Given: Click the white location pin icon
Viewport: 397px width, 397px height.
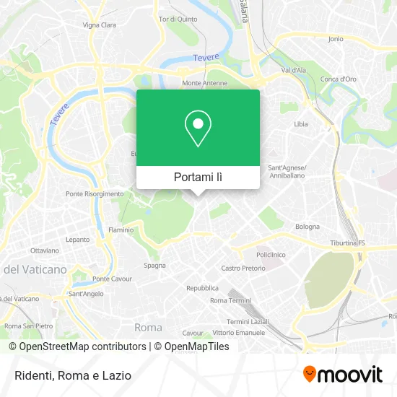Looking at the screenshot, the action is pyautogui.click(x=198, y=128).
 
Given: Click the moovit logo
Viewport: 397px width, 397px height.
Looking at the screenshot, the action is pyautogui.click(x=342, y=375).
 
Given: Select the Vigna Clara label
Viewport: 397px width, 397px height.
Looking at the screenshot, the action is pyautogui.click(x=99, y=25).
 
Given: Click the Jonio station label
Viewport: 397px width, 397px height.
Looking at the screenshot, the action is pyautogui.click(x=335, y=39).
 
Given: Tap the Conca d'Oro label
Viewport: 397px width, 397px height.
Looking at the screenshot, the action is pyautogui.click(x=339, y=79).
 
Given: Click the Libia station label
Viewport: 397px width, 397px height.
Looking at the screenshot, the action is pyautogui.click(x=300, y=124).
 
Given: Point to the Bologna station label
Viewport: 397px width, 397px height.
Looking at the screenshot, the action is pyautogui.click(x=307, y=227).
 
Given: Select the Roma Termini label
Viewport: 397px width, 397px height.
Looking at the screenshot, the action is pyautogui.click(x=230, y=300).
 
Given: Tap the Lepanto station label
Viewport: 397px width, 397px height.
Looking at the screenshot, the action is pyautogui.click(x=78, y=239).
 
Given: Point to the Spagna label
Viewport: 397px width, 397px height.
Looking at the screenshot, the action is pyautogui.click(x=154, y=265).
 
